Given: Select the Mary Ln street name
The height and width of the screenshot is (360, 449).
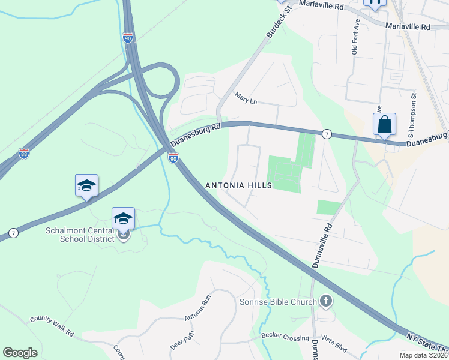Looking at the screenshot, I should coord(246,98).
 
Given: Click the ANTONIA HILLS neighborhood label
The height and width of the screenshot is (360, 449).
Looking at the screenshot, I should coord(239,185).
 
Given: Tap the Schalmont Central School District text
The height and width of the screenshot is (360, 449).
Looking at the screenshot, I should coord(81,235).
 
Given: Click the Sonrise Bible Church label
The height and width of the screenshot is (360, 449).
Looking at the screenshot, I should coord(277,302).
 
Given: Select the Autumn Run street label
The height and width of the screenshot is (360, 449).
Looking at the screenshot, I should coord(199,308).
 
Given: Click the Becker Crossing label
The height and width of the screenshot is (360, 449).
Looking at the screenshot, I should coord(285,338).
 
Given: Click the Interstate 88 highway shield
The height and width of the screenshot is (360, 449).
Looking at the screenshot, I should coord(23,154).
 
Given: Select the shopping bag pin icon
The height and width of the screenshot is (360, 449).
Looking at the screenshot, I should coord(384,125).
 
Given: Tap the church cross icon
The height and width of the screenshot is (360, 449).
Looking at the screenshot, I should coord(326,301).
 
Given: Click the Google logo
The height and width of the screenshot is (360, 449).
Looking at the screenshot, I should coord(20,353).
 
